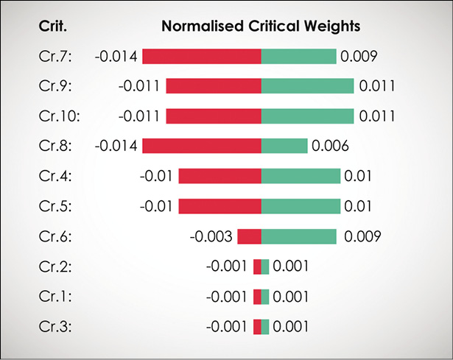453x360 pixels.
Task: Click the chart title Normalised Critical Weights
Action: pos(260,27)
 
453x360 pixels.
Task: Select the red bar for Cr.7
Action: pos(202,56)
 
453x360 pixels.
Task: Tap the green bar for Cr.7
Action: pos(298,56)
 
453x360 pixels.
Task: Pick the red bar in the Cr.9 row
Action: pos(214,86)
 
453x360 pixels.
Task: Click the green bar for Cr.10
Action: pos(307,116)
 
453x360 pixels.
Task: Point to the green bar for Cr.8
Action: pos(284,146)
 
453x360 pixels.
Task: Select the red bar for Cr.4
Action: pos(220,176)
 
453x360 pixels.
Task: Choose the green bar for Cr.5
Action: pos(301,206)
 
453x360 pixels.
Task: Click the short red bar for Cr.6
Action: pos(249,236)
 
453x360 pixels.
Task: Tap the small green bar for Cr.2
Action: pos(265,267)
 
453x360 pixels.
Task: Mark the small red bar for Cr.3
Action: pos(257,326)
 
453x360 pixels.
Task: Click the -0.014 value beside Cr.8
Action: pos(116,146)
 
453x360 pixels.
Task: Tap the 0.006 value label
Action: pos(330,146)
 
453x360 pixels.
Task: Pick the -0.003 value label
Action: pos(211,236)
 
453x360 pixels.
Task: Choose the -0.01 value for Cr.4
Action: pos(155,176)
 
